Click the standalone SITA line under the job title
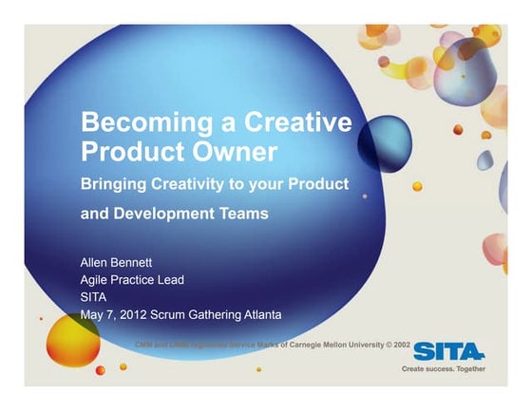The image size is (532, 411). (94, 296)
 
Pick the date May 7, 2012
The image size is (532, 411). (118, 315)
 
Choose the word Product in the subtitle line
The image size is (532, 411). (317, 182)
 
